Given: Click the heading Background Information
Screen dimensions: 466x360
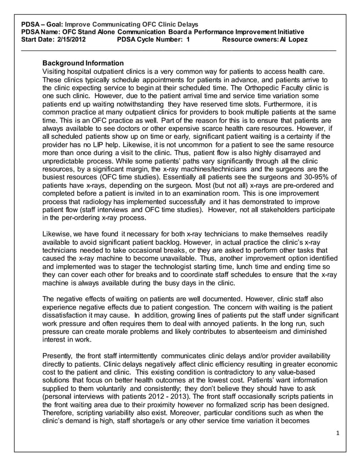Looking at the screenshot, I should pyautogui.click(x=83, y=63).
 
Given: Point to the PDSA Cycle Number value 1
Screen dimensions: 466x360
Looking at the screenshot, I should pyautogui.click(x=188, y=40).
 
